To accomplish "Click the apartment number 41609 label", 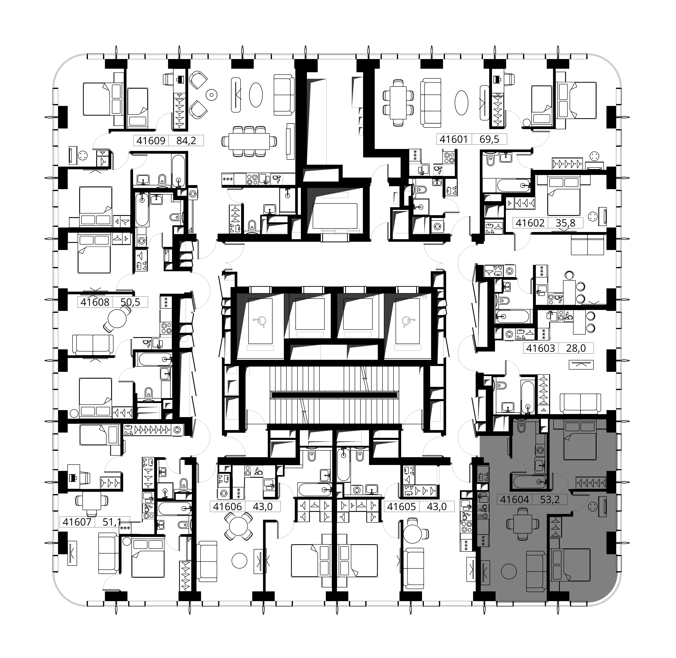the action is (x=151, y=140).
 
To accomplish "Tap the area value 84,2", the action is (x=186, y=140).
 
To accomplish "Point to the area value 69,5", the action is (x=489, y=139).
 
